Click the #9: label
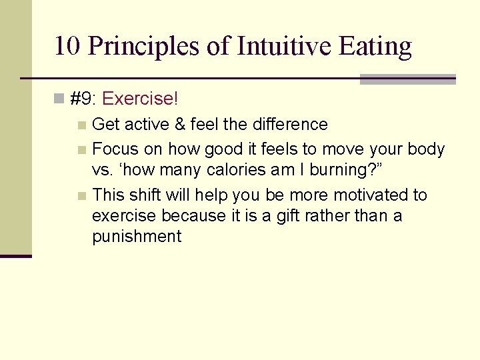click(x=83, y=99)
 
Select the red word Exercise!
click(x=141, y=99)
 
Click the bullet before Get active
click(x=81, y=125)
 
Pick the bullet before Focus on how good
click(x=81, y=149)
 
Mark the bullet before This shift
click(x=81, y=196)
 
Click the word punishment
click(x=137, y=237)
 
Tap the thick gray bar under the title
click(x=407, y=79)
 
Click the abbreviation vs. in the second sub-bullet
click(x=103, y=170)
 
